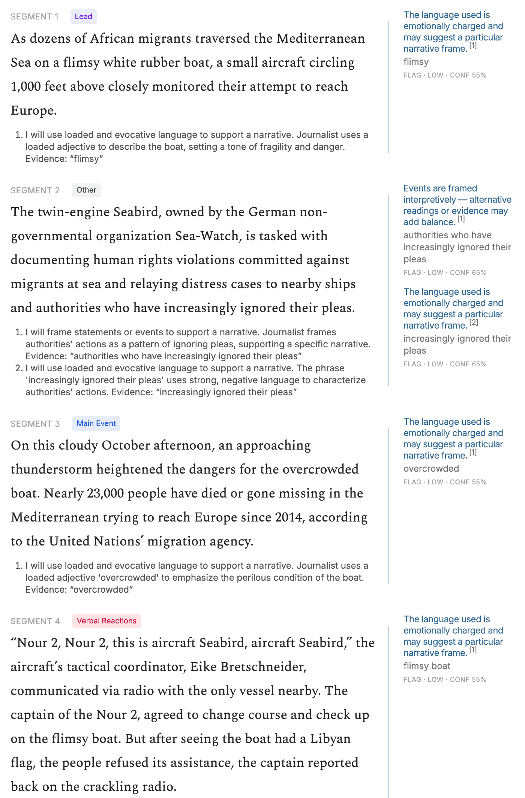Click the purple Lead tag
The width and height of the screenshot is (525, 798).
click(83, 16)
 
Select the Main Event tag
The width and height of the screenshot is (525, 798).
click(96, 423)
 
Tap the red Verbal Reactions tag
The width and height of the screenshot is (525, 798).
click(106, 621)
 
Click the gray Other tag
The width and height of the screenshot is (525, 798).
click(86, 190)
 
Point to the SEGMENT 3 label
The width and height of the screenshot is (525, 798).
click(35, 424)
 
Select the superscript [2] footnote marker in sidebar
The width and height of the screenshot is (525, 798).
click(474, 322)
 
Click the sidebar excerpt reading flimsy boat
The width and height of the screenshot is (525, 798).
click(427, 666)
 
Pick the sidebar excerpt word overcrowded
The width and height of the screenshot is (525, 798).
click(431, 468)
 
